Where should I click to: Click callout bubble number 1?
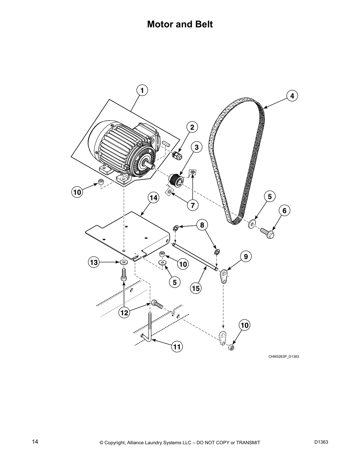(142, 91)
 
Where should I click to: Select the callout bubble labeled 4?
(292, 96)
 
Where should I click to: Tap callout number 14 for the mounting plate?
(153, 198)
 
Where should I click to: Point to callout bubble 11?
(176, 347)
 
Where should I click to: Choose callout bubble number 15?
(195, 288)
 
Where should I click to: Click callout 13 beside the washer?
(94, 262)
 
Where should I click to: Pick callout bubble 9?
(246, 257)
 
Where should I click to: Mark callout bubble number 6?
(284, 211)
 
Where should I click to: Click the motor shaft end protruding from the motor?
(151, 165)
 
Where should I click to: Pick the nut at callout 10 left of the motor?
(100, 182)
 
